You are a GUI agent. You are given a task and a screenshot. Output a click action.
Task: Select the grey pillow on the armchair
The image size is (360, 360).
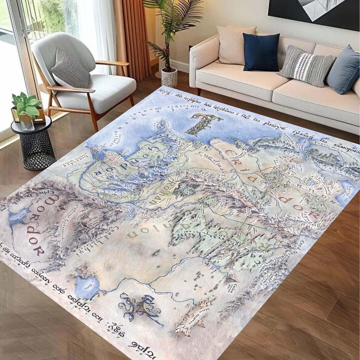tap(71, 69)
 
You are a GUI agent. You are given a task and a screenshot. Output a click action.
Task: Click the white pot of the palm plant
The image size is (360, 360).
tap(169, 77)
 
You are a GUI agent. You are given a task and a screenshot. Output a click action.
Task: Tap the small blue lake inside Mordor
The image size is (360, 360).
tap(18, 216)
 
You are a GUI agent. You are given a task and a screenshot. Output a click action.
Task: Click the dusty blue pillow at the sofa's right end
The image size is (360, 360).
tap(343, 70)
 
